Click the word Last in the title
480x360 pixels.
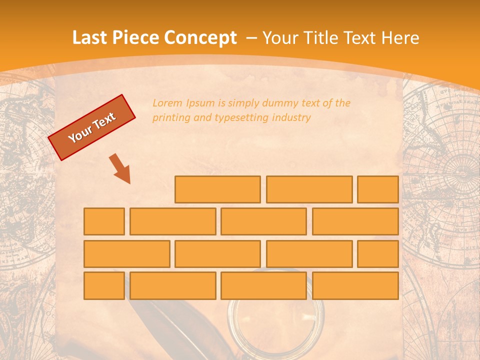(x=89, y=38)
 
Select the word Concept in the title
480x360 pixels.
(x=201, y=38)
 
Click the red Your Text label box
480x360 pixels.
(x=92, y=127)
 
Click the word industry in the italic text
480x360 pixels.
(x=291, y=118)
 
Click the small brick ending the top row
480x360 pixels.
(x=377, y=189)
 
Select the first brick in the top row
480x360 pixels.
(x=217, y=189)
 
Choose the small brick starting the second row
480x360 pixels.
(x=104, y=221)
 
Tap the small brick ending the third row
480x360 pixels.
(x=377, y=254)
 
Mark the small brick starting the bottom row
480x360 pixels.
(x=104, y=286)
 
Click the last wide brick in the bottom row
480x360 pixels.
(x=355, y=286)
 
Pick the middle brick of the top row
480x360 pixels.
(x=309, y=189)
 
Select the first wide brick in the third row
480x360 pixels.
(x=126, y=254)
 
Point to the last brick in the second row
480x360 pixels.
(x=355, y=221)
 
